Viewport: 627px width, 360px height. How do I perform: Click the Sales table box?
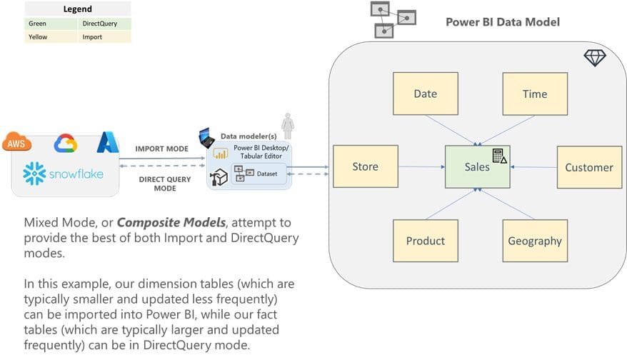tap(477, 166)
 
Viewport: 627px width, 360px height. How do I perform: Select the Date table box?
tap(425, 94)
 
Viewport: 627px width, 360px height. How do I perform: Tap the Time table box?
tap(534, 94)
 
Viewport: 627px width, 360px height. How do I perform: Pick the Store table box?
tap(365, 167)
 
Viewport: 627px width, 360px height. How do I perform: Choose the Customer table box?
tap(588, 167)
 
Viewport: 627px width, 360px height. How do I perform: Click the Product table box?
tap(425, 241)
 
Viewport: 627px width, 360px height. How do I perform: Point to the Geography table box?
tap(534, 241)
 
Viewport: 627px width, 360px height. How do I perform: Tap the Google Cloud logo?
tap(66, 143)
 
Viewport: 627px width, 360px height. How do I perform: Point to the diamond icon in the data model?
tap(594, 58)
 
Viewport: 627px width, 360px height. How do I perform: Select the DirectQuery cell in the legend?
tap(105, 24)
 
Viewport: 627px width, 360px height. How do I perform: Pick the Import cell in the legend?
tap(105, 36)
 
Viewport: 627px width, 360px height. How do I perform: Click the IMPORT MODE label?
tap(162, 149)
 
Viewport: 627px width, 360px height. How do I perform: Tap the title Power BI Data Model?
tap(502, 21)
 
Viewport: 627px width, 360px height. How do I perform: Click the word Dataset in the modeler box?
tap(267, 172)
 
